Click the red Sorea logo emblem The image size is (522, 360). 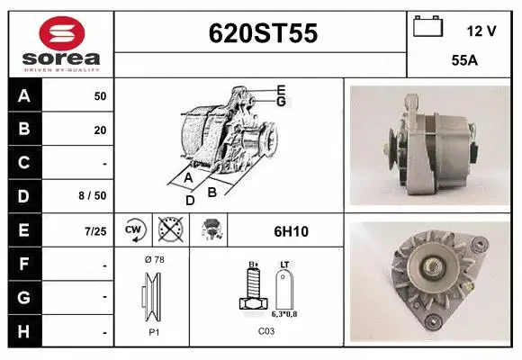click(62, 33)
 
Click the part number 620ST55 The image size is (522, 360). click(263, 33)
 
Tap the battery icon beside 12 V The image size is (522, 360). click(428, 26)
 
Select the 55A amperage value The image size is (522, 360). click(464, 60)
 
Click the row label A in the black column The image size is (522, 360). click(24, 96)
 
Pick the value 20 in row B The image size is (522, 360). click(100, 130)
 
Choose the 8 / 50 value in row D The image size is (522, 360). click(93, 196)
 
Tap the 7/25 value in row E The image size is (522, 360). click(95, 231)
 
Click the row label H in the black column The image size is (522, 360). click(23, 332)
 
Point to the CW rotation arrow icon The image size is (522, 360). click(135, 229)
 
